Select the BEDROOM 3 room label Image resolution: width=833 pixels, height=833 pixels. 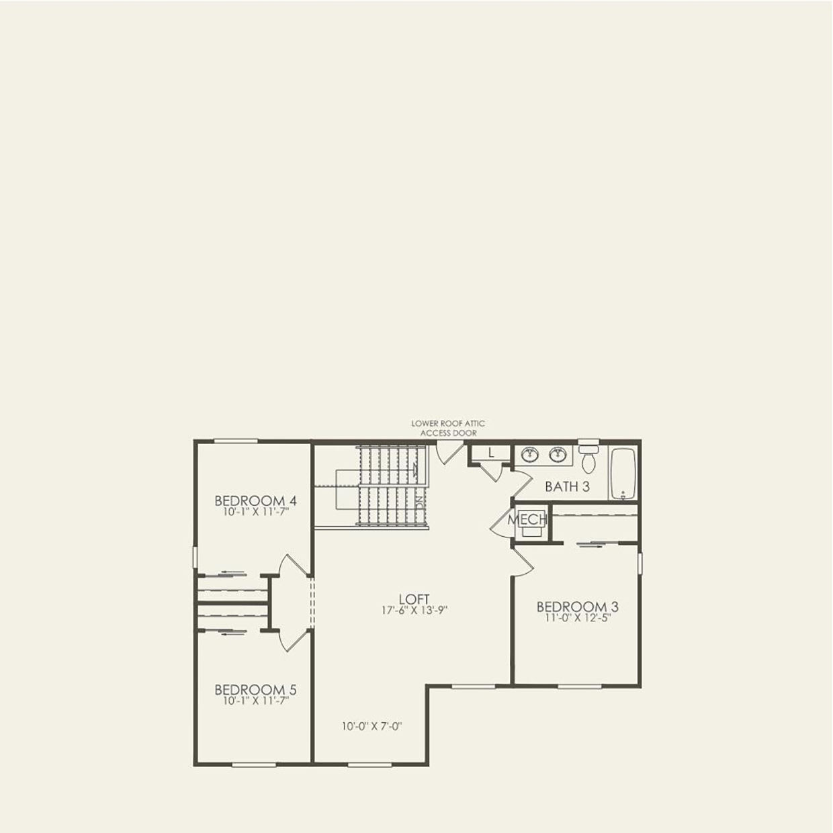pyautogui.click(x=577, y=607)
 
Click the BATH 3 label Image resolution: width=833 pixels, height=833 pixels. pyautogui.click(x=567, y=486)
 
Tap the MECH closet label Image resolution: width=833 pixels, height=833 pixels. pyautogui.click(x=527, y=520)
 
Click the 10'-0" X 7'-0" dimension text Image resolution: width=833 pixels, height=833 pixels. pyautogui.click(x=371, y=726)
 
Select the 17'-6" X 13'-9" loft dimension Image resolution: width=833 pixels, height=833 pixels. pyautogui.click(x=414, y=611)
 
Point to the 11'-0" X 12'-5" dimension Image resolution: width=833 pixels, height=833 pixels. pyautogui.click(x=577, y=618)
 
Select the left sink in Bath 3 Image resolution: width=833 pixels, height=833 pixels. pyautogui.click(x=531, y=455)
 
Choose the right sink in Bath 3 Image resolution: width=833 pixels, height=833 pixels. pyautogui.click(x=557, y=455)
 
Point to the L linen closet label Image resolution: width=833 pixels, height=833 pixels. pyautogui.click(x=491, y=453)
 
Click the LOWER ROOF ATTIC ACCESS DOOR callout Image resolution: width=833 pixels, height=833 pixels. pyautogui.click(x=448, y=429)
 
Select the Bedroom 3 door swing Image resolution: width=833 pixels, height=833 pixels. pyautogui.click(x=522, y=562)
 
